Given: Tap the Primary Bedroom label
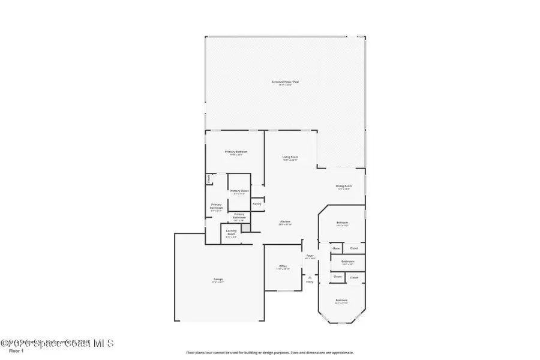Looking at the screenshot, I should coord(236,152).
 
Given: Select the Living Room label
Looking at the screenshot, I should coord(290,158).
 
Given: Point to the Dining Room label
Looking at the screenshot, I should coord(343,187).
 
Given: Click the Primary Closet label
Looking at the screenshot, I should coord(239,191).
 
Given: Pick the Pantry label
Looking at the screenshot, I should coord(257,204).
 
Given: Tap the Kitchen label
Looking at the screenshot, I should coord(286,223).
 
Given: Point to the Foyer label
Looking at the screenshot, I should coord(310,256).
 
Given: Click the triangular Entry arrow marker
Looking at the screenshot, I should coord(310,278).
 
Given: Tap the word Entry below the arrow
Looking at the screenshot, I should coord(310,282).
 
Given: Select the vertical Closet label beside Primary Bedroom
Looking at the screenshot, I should coord(208,178).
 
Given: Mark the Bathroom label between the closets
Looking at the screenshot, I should coord(348,262).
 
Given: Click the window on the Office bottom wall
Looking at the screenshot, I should coord(283,291).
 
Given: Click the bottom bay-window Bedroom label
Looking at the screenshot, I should coord(341,301).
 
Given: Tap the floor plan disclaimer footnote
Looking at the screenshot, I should coord(270,353).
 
